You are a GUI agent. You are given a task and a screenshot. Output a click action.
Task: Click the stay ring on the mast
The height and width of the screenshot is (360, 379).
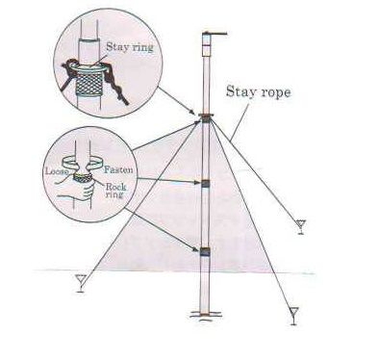pos(205,119)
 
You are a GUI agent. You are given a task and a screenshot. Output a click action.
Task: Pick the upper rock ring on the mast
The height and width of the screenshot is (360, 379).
pos(205,184)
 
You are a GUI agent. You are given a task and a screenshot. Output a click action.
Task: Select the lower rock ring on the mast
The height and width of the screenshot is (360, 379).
pos(205,252)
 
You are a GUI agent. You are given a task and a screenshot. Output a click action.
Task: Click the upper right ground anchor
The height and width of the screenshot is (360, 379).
pos(303,227)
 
